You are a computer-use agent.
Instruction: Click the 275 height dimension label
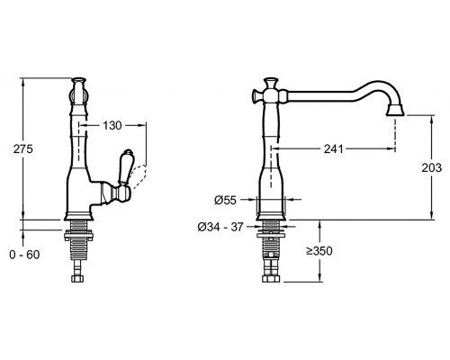pyautogui.click(x=23, y=148)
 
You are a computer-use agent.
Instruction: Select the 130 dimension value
pyautogui.click(x=112, y=126)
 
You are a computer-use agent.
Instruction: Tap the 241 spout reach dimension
pyautogui.click(x=333, y=148)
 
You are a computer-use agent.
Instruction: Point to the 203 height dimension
pyautogui.click(x=432, y=167)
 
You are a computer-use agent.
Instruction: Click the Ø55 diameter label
pyautogui.click(x=225, y=200)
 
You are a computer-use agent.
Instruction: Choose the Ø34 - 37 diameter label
pyautogui.click(x=220, y=227)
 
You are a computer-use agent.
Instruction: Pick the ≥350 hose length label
pyautogui.click(x=319, y=251)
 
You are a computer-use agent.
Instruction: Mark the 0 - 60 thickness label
pyautogui.click(x=24, y=255)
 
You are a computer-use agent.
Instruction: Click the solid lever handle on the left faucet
pyautogui.click(x=124, y=167)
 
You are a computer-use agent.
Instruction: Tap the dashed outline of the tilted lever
pyautogui.click(x=139, y=176)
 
